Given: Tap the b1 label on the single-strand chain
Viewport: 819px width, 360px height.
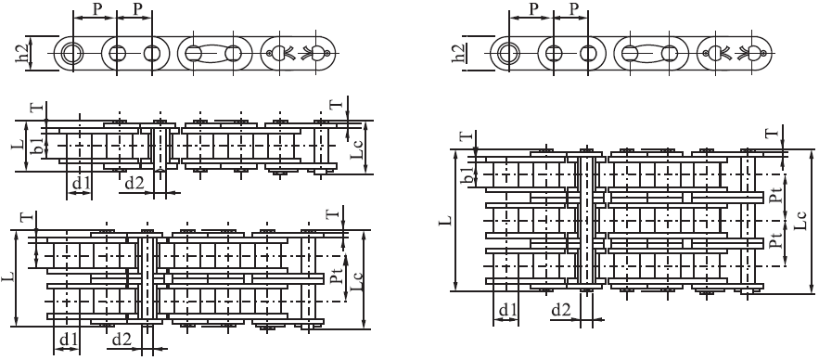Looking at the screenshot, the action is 38,147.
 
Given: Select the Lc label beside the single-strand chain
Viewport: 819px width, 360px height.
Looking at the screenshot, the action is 355,147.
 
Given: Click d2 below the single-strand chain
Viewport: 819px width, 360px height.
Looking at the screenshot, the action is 135,184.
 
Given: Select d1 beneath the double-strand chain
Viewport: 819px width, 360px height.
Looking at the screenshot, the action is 69,341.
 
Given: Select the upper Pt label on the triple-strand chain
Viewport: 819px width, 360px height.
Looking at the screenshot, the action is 775,197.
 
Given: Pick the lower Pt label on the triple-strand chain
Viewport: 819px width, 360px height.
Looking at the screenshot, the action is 775,243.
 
